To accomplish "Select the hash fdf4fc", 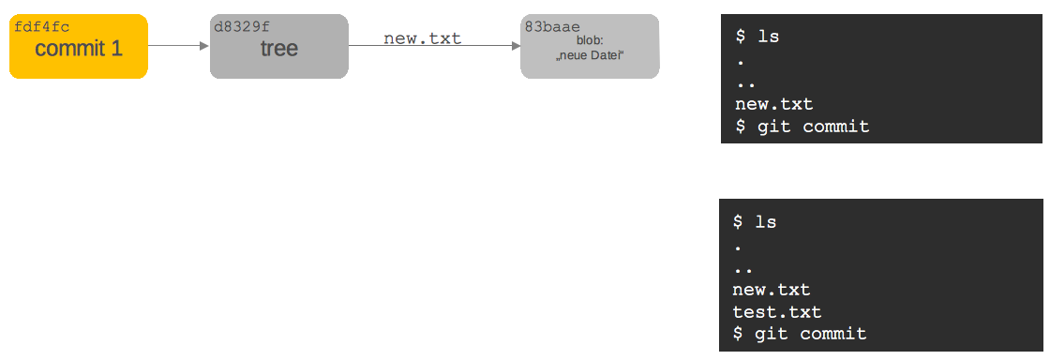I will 42,27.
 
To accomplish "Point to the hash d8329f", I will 242,27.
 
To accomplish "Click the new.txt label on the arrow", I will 422,38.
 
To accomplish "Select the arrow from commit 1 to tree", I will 178,45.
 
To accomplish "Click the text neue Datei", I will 590,57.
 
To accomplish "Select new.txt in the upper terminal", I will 773,104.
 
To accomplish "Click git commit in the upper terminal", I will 812,127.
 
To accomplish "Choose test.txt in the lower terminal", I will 775,312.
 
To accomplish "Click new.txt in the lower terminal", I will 771,290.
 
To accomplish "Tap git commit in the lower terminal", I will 809,335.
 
